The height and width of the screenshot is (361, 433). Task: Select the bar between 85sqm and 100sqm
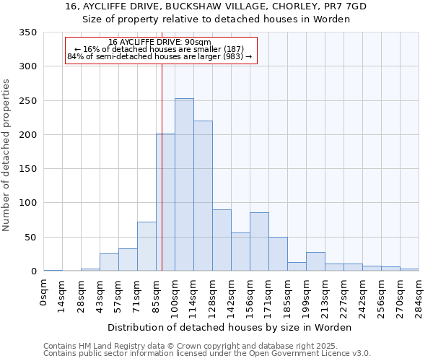[165, 202]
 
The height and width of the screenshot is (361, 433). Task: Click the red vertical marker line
[162, 166]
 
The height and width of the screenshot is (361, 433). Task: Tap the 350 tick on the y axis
[27, 32]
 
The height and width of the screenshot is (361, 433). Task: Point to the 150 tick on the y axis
[27, 169]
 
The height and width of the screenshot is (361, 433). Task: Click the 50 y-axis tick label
[30, 237]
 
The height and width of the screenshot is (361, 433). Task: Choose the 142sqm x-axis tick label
[232, 295]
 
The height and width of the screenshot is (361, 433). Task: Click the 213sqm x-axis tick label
[325, 295]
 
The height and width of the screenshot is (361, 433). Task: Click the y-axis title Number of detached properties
[7, 155]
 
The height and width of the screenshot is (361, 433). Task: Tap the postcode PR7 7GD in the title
[341, 6]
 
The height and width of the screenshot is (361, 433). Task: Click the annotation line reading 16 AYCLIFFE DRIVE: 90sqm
[159, 42]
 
